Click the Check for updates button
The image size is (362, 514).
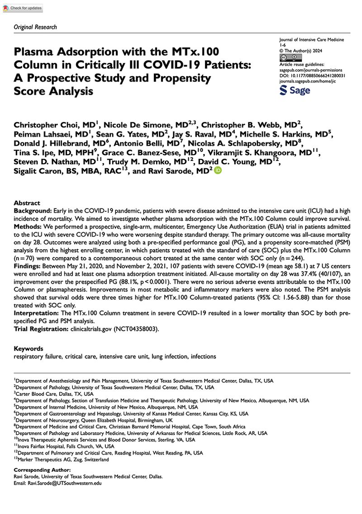pyautogui.click(x=22, y=8)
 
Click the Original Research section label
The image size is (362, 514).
pyautogui.click(x=35, y=27)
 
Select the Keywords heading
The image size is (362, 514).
pyautogui.click(x=29, y=349)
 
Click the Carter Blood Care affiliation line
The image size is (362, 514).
pyautogui.click(x=54, y=394)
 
